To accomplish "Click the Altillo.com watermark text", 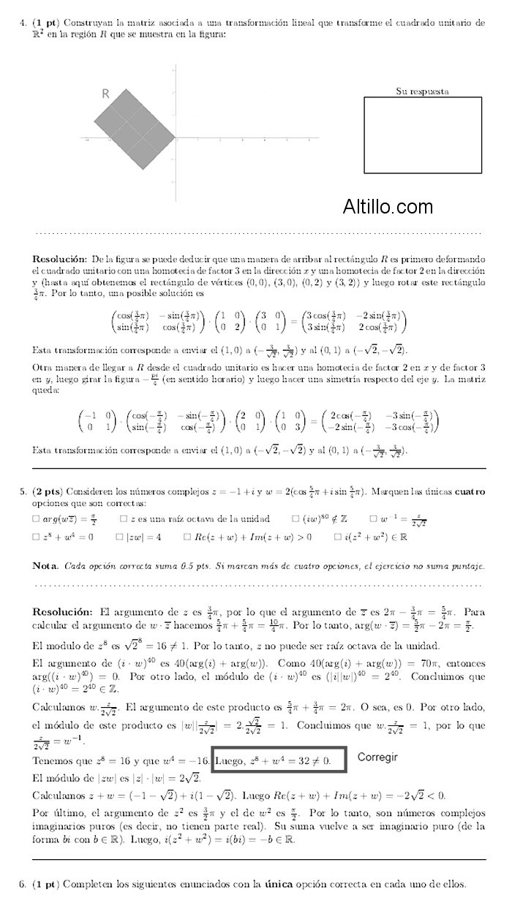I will click(x=388, y=207).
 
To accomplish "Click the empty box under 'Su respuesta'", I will click(x=423, y=135).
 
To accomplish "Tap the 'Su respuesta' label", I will click(x=422, y=91).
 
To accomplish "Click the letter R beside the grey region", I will click(x=105, y=94).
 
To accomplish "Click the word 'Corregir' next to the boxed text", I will click(x=377, y=757).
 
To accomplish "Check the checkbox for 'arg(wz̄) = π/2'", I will click(x=36, y=518).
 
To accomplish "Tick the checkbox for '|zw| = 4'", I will click(x=119, y=537).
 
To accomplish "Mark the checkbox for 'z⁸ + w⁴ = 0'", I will click(x=36, y=537).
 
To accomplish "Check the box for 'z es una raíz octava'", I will click(x=124, y=518).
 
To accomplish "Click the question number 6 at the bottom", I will click(x=23, y=884).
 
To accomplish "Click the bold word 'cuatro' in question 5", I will click(x=470, y=492).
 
